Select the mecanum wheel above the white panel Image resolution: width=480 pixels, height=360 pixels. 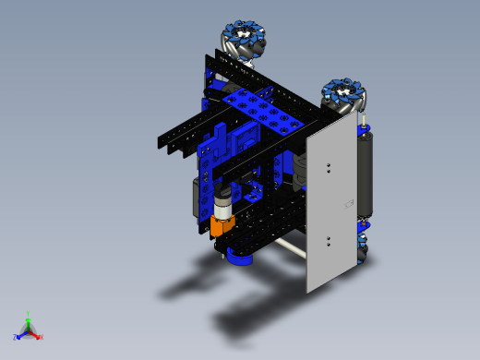point(345,96)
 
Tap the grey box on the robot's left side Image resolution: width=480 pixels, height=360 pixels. point(197,195)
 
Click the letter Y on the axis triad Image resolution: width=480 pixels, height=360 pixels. point(29,313)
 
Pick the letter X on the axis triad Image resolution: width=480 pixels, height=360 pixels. point(41,337)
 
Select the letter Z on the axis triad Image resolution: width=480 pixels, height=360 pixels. point(16,337)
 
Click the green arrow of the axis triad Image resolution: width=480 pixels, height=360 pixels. point(29,322)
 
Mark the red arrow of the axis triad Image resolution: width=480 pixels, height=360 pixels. point(35,334)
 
